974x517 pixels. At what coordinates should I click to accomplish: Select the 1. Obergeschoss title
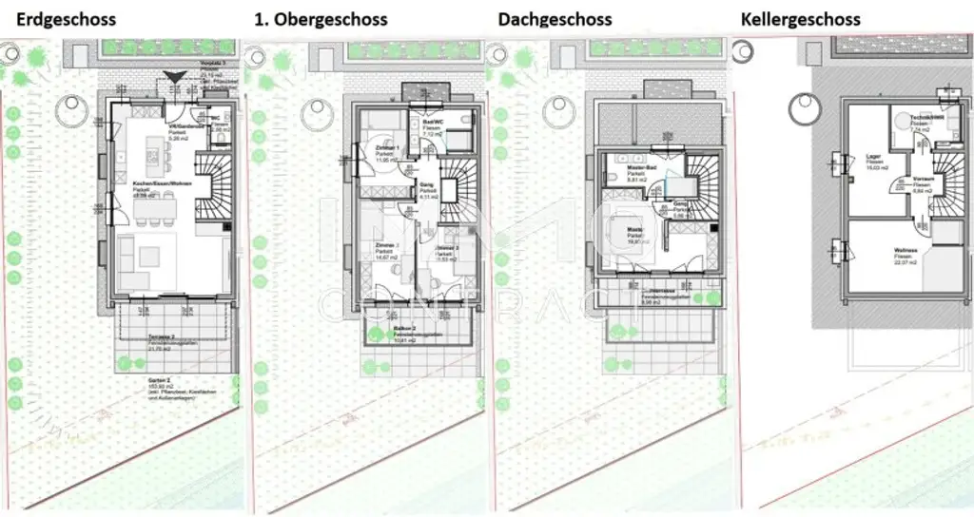[x=321, y=19]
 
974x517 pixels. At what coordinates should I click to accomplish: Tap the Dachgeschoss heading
[x=555, y=19]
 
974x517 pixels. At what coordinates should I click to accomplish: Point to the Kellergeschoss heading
[x=800, y=19]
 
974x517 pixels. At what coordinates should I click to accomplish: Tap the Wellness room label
[x=905, y=252]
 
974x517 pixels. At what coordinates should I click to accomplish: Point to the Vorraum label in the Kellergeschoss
[x=923, y=178]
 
